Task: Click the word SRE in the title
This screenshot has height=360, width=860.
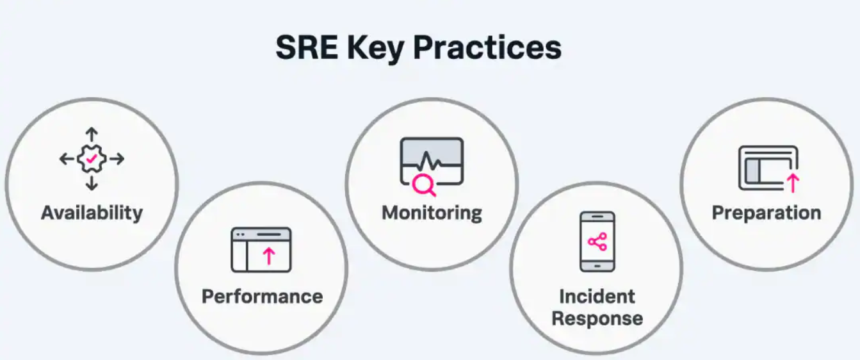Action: tap(307, 47)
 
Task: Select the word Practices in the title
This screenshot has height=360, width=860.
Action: tap(487, 47)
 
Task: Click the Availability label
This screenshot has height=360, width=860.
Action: tap(92, 213)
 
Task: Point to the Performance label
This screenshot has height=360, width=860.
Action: tap(262, 297)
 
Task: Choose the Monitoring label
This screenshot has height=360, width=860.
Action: tap(432, 213)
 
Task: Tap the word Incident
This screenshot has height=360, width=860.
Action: tap(597, 297)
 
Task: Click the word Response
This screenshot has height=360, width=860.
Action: tap(597, 319)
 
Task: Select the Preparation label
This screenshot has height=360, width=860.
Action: tap(767, 213)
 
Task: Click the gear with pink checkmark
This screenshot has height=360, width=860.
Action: tap(92, 159)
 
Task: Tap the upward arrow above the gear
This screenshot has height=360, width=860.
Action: tap(92, 135)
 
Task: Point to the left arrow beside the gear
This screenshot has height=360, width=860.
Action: tap(67, 159)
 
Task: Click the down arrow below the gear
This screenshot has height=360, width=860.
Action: tap(92, 183)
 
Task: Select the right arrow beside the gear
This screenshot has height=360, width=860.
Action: tap(117, 159)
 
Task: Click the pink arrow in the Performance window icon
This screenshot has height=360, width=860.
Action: tap(269, 256)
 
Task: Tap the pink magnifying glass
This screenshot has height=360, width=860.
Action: tap(423, 185)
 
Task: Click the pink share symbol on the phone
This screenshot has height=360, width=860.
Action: tap(597, 241)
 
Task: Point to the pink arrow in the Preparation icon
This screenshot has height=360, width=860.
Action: tap(793, 183)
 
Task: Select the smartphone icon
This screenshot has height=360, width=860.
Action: tap(597, 241)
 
